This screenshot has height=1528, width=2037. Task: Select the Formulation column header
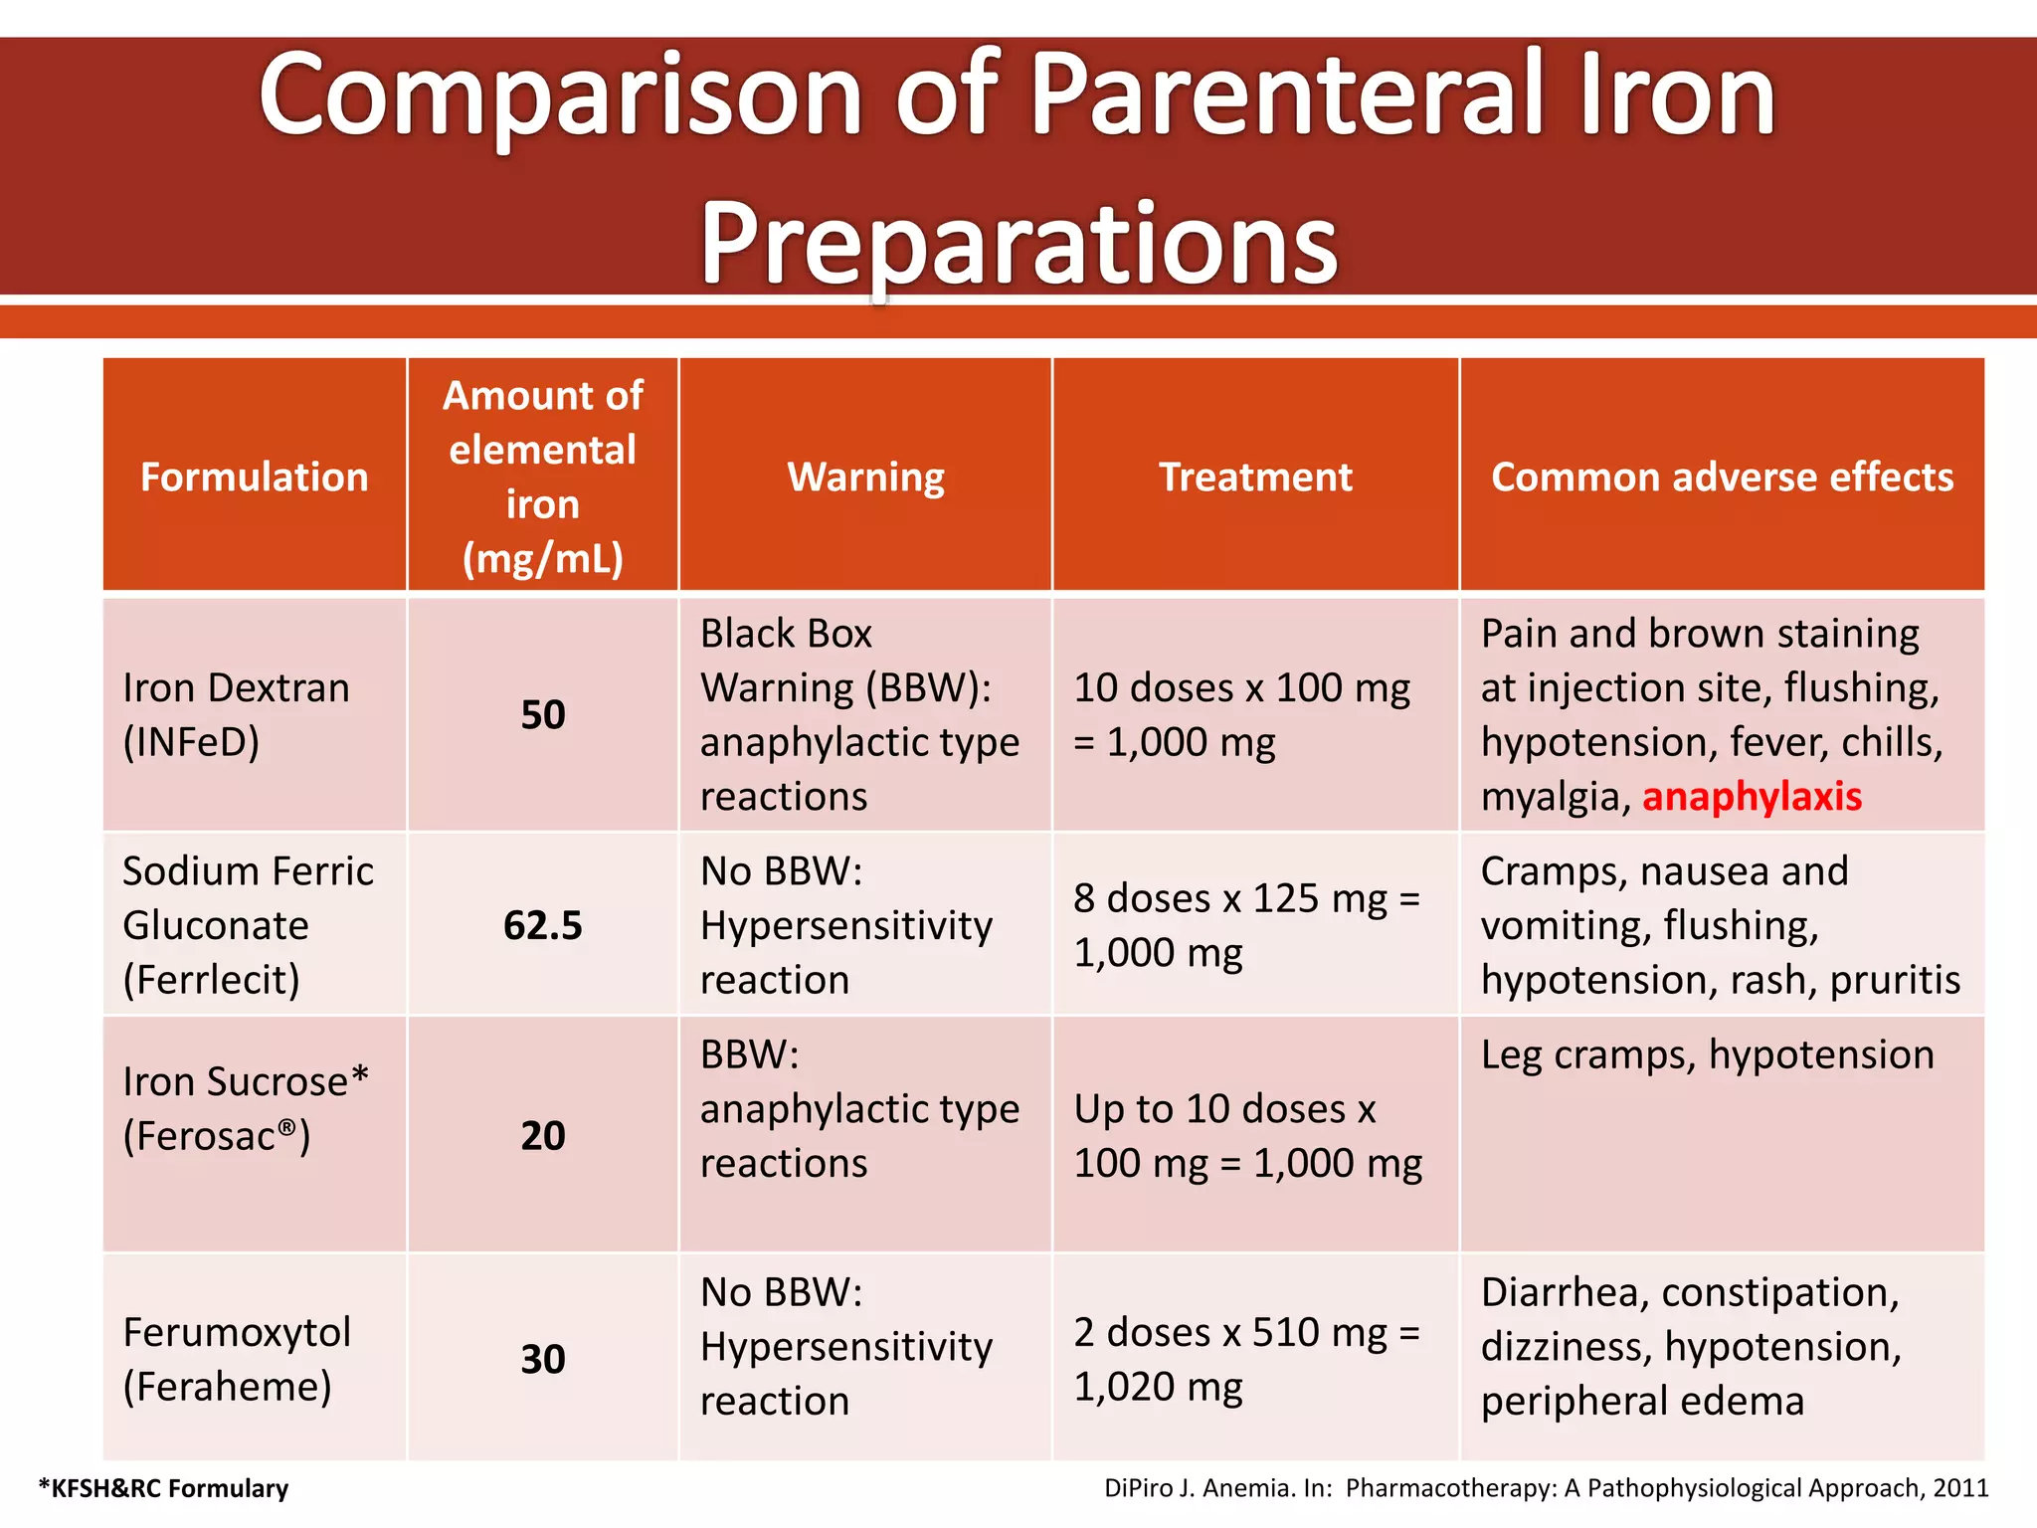[254, 477]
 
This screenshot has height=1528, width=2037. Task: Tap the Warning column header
[865, 477]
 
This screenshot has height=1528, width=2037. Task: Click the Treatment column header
[1255, 477]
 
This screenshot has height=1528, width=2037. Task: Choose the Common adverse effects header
[1722, 477]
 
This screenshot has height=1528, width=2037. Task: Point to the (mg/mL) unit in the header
[543, 559]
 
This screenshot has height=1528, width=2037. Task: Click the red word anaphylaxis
[1752, 797]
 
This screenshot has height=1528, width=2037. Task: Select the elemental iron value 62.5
[543, 925]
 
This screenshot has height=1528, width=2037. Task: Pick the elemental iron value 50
[543, 715]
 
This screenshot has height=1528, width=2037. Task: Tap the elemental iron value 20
[543, 1136]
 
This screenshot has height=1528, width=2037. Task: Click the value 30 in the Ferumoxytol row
[543, 1359]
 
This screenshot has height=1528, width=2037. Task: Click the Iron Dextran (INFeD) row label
[236, 715]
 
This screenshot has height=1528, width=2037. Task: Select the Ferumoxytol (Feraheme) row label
[236, 1359]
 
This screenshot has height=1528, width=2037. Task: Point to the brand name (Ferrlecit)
[211, 980]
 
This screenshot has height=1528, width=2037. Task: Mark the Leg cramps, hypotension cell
[1707, 1054]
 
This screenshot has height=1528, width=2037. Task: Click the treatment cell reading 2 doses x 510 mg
[1246, 1359]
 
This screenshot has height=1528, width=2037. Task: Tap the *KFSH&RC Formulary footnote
[163, 1488]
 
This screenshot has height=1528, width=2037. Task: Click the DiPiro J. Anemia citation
[1546, 1488]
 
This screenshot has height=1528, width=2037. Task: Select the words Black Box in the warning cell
[786, 634]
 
